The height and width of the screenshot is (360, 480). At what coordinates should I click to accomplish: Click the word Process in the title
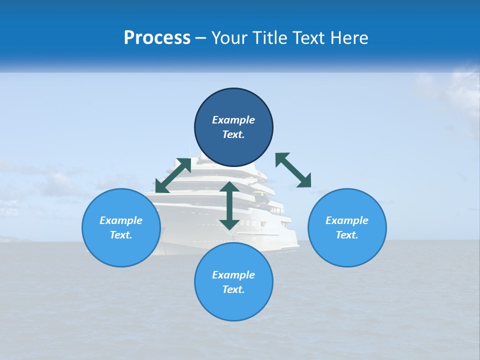coord(157,38)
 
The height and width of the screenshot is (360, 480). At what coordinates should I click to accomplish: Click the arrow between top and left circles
coord(173,175)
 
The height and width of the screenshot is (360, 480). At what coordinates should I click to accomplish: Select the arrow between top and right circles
coord(293,170)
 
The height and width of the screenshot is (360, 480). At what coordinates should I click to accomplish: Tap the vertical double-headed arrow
coord(229,205)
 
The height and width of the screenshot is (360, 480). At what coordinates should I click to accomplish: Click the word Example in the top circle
coord(233,120)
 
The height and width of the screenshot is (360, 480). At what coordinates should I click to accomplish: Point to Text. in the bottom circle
coord(233,289)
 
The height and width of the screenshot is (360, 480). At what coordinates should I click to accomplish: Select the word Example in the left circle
coord(121,220)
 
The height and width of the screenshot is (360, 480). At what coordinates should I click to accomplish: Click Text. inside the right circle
coord(346,235)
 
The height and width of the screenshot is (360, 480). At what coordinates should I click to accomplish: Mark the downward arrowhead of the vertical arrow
coord(229,223)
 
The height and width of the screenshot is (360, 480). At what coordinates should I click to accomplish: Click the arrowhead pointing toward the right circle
coord(304,181)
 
